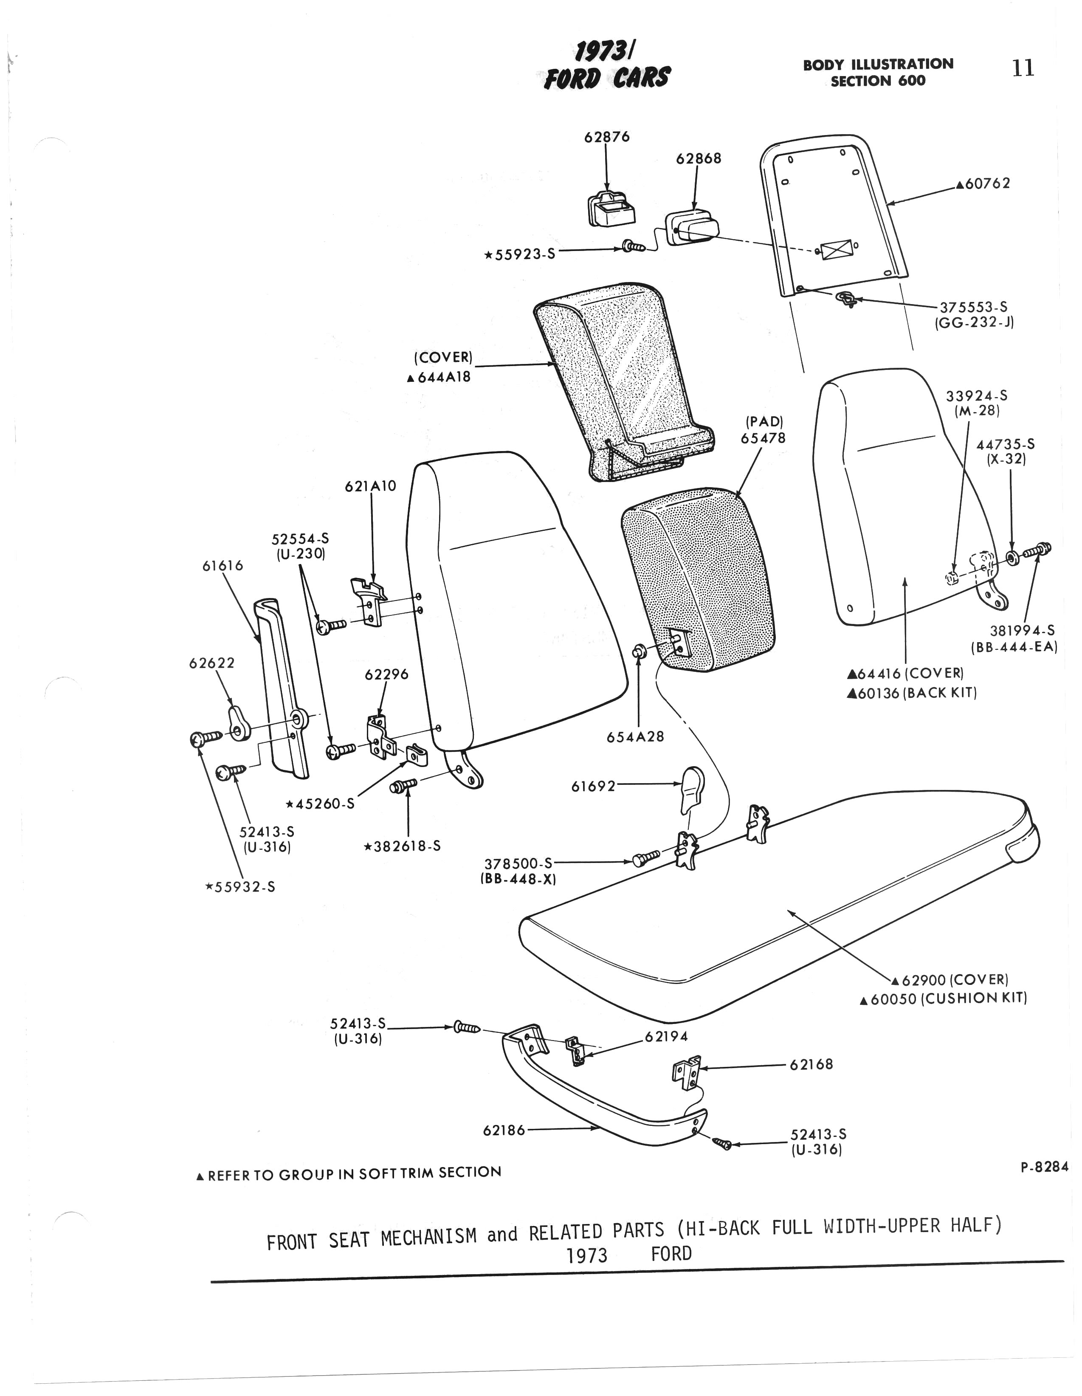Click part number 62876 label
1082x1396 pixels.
(x=606, y=137)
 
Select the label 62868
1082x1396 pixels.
(x=699, y=158)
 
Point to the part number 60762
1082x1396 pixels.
(x=987, y=183)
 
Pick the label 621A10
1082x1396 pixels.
(x=371, y=486)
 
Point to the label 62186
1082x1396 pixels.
(x=504, y=1130)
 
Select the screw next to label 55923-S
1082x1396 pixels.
(x=633, y=246)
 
